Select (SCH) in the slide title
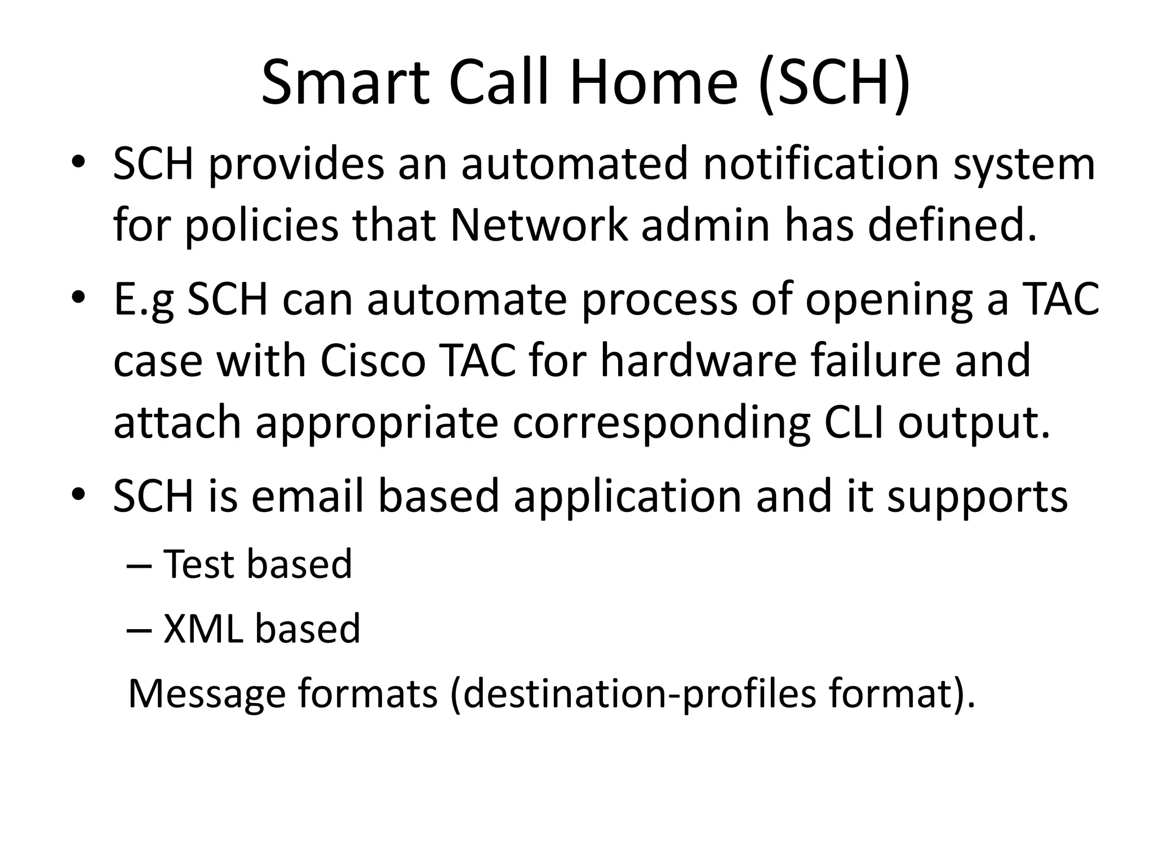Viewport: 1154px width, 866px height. (x=834, y=85)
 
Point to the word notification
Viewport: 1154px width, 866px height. (x=820, y=164)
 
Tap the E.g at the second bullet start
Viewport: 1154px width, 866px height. (x=144, y=301)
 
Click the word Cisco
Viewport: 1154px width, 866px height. (x=372, y=361)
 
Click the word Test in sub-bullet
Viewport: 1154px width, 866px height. (x=198, y=564)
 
